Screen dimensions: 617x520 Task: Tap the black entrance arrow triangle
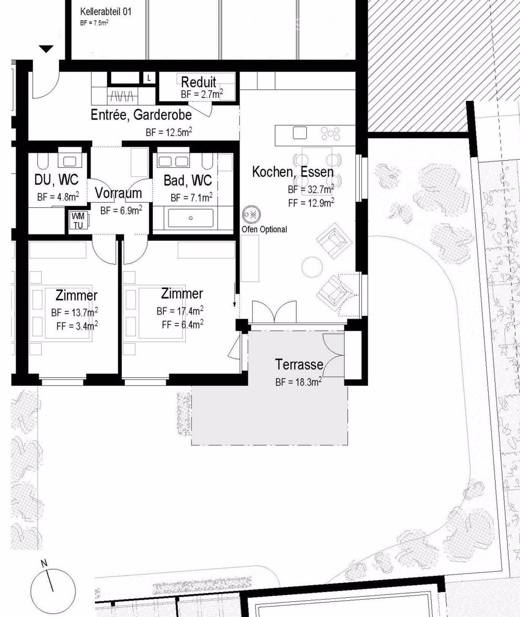click(47, 49)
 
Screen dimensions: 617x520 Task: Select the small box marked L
click(149, 78)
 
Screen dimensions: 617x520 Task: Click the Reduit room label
click(199, 82)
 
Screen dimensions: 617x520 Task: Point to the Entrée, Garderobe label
click(141, 115)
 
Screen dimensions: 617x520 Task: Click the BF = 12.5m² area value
click(168, 133)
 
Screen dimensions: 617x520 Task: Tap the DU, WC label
click(57, 180)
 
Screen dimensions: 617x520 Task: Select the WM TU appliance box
click(77, 220)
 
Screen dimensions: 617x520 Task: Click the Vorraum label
click(118, 193)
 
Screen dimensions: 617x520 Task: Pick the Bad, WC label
click(187, 180)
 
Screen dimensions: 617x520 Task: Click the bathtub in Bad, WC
click(191, 218)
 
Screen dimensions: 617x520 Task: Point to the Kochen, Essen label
click(292, 172)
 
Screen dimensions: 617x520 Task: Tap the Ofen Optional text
click(264, 229)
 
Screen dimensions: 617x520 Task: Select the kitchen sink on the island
click(300, 133)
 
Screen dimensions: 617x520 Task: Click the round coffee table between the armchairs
click(313, 267)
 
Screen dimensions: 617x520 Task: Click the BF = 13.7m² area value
click(74, 312)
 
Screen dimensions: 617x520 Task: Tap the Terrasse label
click(299, 364)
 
